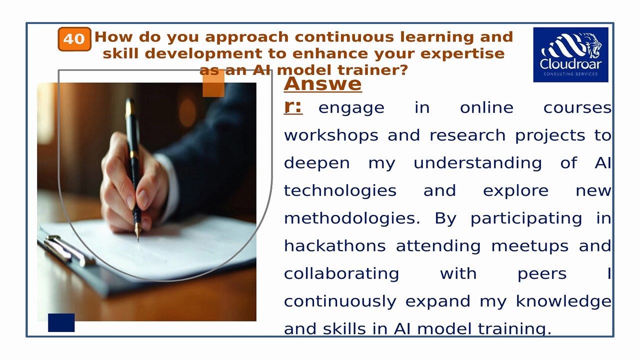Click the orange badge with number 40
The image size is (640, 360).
(x=74, y=39)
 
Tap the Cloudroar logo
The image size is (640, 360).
(x=570, y=54)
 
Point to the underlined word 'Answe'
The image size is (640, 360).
(x=322, y=83)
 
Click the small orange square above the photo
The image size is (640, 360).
(x=213, y=86)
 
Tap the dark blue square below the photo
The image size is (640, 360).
(x=61, y=322)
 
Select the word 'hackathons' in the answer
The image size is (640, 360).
(x=335, y=246)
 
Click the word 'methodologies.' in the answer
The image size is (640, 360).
(x=352, y=218)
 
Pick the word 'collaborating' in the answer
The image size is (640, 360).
(x=341, y=273)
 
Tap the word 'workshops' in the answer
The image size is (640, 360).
(x=331, y=135)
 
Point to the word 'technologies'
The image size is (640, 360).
(x=340, y=190)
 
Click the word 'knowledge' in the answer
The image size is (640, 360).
(x=563, y=301)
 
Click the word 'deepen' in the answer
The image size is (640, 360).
(x=317, y=163)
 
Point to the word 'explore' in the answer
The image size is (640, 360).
(x=515, y=190)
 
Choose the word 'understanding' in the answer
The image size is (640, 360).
(x=477, y=163)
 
